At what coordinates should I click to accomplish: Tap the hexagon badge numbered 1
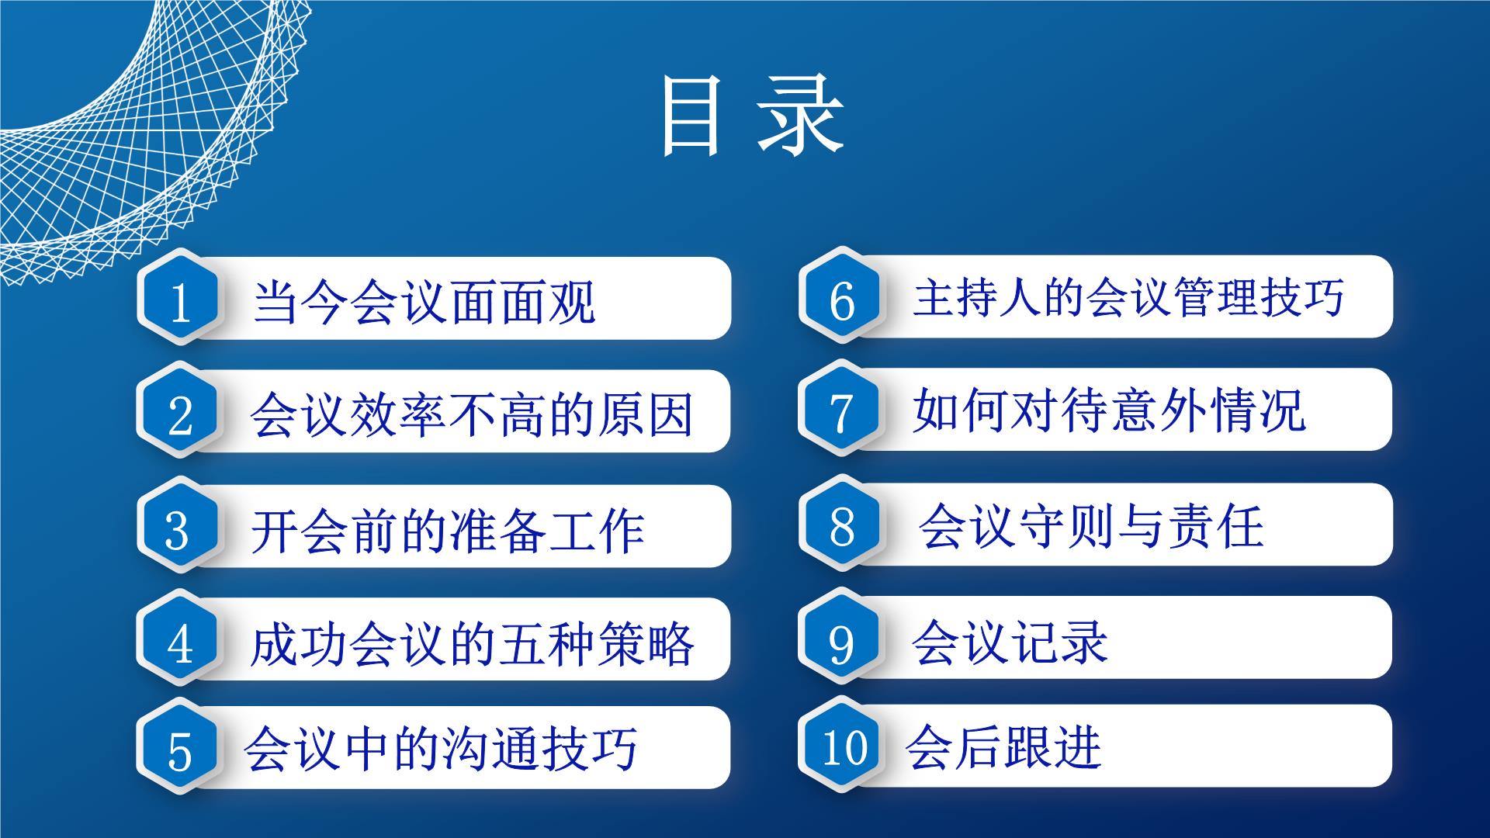180,298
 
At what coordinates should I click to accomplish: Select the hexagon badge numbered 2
180,411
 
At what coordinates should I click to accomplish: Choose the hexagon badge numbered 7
842,410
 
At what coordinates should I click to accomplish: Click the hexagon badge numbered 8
842,525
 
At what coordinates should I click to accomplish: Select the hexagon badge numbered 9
842,638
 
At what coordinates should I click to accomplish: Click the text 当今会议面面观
424,301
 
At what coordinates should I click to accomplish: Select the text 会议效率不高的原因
471,414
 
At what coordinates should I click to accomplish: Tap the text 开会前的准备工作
448,531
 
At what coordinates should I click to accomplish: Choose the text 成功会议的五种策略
472,644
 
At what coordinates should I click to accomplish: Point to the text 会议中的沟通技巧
440,748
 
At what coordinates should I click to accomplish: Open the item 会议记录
1010,642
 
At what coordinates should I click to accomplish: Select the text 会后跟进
1003,746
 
